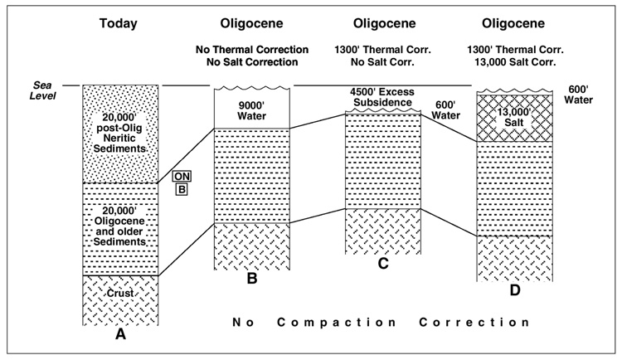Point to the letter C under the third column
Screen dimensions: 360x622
[x=382, y=265]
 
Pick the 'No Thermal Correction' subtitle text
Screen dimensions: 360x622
[x=251, y=50]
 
